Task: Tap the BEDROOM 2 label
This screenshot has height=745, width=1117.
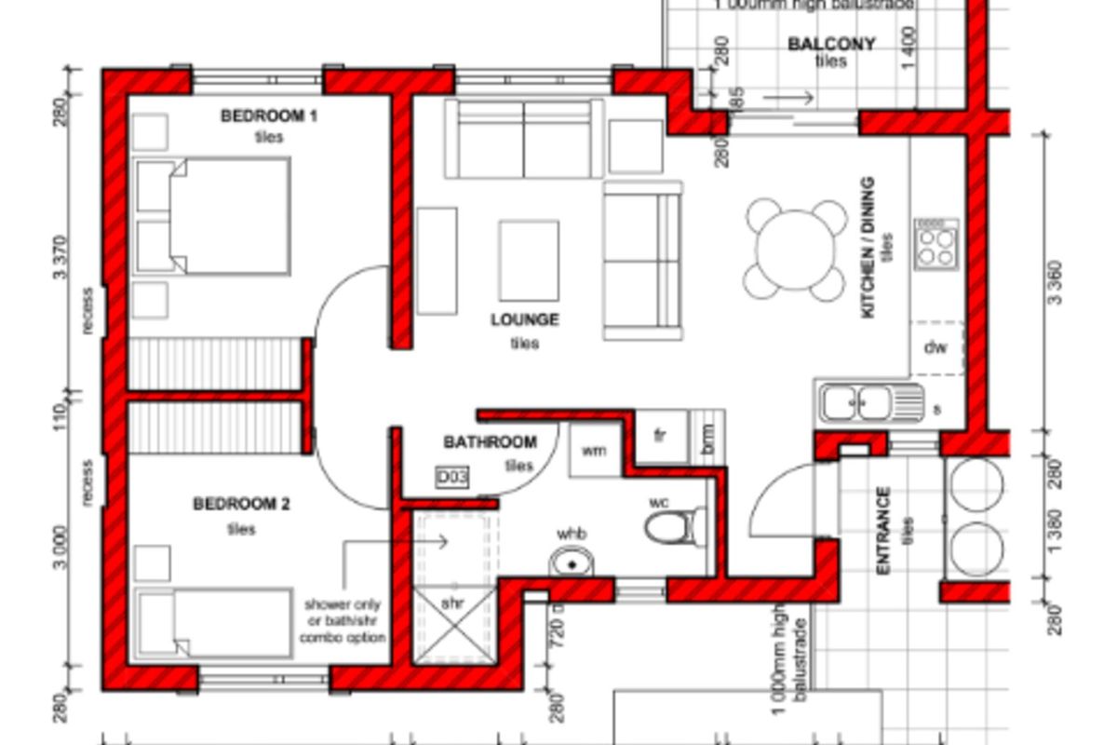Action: click(x=241, y=505)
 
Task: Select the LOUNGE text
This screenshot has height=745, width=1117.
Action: click(x=525, y=319)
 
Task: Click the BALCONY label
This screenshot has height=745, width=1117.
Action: click(x=831, y=44)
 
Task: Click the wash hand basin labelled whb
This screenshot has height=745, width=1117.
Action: click(x=572, y=562)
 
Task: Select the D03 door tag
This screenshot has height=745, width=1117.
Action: click(x=452, y=478)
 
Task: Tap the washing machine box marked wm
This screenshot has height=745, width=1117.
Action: click(x=594, y=451)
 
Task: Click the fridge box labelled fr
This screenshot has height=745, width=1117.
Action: click(x=659, y=436)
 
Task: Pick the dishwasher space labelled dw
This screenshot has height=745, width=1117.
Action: click(x=935, y=348)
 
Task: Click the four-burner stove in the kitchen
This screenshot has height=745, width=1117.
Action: click(x=935, y=245)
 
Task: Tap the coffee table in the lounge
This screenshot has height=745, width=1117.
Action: click(x=529, y=260)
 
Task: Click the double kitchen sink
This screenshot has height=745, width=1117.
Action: click(x=869, y=402)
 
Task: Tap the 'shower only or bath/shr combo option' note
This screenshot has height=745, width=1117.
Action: click(x=342, y=620)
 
